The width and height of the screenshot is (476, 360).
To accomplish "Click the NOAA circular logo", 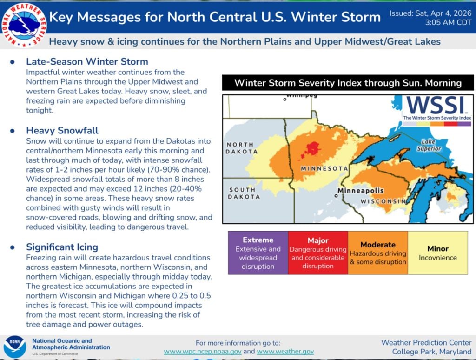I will coord(15,347).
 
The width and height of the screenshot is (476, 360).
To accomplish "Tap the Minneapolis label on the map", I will coord(360,191).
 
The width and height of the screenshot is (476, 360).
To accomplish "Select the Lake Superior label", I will coord(428,145).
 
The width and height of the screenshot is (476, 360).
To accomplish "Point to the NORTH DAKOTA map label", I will coord(242,148).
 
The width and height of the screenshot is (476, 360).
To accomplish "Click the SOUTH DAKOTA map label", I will coord(244,193).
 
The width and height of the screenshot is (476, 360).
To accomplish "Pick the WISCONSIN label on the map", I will coord(383,201).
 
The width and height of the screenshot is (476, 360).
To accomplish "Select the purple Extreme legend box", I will coord(258,253).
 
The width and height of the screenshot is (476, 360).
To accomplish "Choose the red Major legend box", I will coord(318,253).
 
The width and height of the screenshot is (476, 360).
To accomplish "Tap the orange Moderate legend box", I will coord(378,253).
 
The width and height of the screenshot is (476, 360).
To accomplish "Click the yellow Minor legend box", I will coord(437,253).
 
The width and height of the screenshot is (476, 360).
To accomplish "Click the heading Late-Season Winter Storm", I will coord(87,61).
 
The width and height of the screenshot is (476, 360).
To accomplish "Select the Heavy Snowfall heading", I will coord(62,130).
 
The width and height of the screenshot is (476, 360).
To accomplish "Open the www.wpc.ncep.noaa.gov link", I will coord(202,352).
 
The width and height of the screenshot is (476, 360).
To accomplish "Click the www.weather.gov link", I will coord(285,352).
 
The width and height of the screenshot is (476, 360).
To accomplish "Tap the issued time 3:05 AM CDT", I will coord(446,22).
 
